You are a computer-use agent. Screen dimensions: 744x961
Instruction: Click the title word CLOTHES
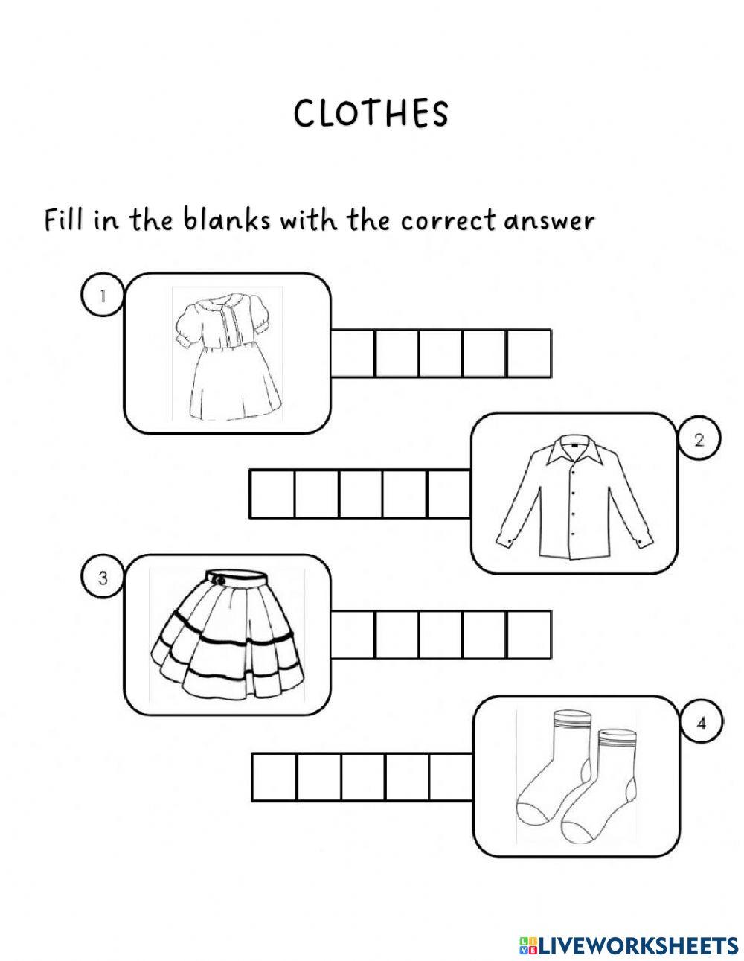coord(371,114)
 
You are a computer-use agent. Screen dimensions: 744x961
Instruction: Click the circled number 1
coord(103,296)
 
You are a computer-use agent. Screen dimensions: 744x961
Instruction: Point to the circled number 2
coord(699,441)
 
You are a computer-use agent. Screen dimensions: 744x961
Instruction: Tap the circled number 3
coord(103,578)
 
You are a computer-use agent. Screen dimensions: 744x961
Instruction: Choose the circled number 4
coord(701,724)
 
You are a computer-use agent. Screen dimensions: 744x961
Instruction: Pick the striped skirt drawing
coord(225,634)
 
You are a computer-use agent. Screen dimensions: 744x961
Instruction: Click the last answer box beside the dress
coord(529,353)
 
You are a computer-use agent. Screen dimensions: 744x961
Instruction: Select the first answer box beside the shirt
coord(272,494)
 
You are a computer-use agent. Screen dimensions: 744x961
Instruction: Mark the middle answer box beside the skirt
coord(440,634)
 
